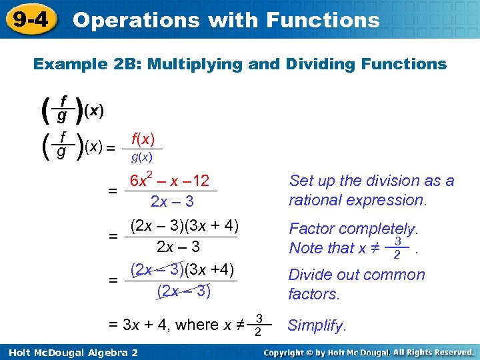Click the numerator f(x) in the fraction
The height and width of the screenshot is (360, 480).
(x=143, y=139)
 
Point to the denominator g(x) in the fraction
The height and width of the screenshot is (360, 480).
(x=141, y=157)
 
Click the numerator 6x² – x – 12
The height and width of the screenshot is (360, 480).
(x=169, y=181)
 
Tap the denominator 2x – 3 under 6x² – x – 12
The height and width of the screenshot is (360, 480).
(x=172, y=201)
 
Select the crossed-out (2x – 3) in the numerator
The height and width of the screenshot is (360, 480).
(x=157, y=270)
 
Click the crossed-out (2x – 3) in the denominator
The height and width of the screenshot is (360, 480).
(x=183, y=291)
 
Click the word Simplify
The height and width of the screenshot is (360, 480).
(x=317, y=326)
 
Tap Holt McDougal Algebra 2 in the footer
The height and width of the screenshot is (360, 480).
(x=70, y=352)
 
